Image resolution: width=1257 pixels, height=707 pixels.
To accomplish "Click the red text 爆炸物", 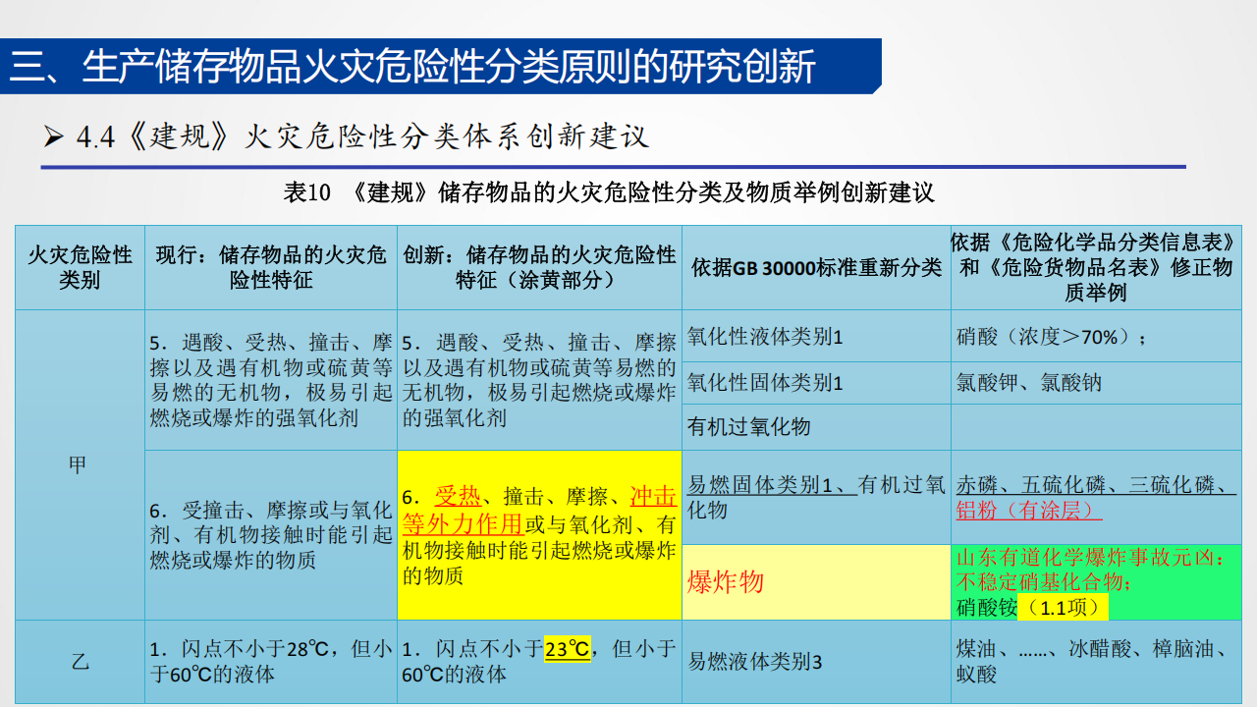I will tap(726, 582).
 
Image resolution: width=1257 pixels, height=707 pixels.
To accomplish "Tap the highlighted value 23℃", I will tap(568, 649).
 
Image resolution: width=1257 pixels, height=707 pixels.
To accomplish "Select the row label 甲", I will tap(79, 465).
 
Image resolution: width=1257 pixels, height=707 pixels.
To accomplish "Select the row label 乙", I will tap(80, 662).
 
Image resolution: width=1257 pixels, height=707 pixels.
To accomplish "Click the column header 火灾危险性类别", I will tap(80, 268).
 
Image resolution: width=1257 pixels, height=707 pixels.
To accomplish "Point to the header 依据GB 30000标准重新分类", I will tap(816, 267).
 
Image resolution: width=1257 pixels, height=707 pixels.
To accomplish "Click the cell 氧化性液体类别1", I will tap(765, 337).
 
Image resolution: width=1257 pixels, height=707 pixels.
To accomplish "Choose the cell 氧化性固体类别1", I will tap(765, 382).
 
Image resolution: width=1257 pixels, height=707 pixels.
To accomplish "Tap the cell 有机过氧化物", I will tap(749, 426).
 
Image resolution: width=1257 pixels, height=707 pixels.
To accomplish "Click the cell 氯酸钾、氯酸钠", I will tap(1029, 382).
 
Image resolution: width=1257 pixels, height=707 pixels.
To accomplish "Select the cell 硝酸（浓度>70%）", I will tap(1052, 337).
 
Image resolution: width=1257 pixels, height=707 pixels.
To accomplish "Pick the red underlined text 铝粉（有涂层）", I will tap(1029, 511).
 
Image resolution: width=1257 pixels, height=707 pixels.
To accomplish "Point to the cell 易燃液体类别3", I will tap(755, 662).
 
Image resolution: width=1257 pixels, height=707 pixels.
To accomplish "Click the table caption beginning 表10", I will tap(609, 192).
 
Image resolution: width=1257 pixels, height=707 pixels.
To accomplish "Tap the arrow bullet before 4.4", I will tap(53, 137).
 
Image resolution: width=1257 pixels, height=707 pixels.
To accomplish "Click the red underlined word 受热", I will tap(457, 496).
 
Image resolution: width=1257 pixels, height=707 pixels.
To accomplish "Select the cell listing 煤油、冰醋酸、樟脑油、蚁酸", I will tap(1090, 661).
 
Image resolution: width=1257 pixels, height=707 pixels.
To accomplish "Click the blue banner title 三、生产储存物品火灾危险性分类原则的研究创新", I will tap(413, 67).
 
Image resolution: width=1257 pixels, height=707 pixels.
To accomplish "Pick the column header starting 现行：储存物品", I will tap(271, 268).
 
